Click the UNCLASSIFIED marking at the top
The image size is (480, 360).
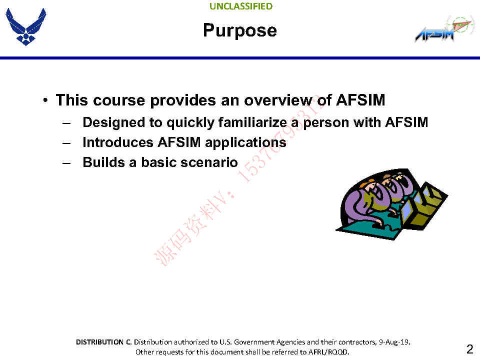[241, 6]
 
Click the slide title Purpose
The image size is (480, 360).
[240, 30]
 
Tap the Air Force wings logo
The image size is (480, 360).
[25, 27]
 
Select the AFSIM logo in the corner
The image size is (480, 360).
[440, 30]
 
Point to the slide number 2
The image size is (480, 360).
[469, 349]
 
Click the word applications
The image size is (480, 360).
[246, 142]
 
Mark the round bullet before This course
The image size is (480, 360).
[45, 100]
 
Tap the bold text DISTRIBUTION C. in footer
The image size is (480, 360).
[103, 342]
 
